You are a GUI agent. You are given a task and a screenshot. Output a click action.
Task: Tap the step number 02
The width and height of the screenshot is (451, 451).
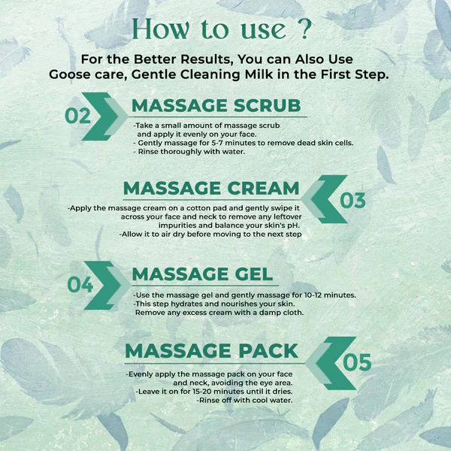[x=77, y=116]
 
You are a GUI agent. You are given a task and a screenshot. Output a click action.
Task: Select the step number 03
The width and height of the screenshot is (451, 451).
[x=353, y=200]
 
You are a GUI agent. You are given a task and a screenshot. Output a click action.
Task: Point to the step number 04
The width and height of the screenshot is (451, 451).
[x=80, y=285]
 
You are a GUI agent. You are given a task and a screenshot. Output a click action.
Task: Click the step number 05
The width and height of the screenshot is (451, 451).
[x=357, y=362]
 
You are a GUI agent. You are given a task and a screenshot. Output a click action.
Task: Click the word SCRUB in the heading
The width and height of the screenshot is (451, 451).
[x=267, y=105]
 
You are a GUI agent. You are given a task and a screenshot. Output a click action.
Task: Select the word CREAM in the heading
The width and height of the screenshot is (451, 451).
[x=263, y=189]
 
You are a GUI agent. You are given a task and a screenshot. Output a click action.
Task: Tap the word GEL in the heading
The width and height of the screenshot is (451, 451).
[x=254, y=274]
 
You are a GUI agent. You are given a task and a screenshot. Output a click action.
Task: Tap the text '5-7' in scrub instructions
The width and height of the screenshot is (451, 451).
[x=217, y=143]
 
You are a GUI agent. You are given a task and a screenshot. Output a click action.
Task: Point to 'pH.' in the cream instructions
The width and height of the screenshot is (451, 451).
[x=292, y=225]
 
